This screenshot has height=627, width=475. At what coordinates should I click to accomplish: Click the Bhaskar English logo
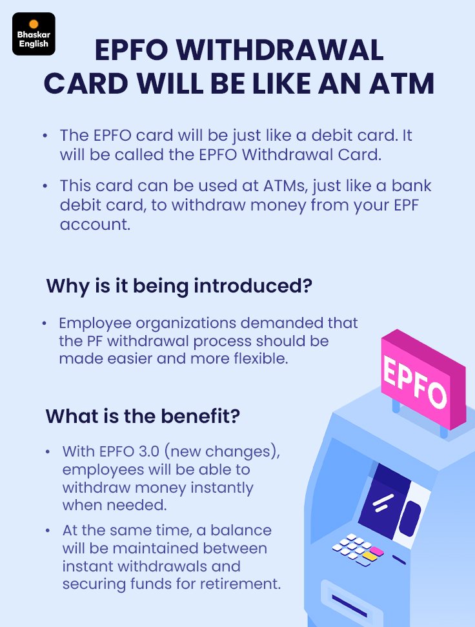34,34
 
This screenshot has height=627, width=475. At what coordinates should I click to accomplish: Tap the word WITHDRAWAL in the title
279,50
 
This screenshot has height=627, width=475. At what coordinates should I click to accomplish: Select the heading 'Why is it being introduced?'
179,286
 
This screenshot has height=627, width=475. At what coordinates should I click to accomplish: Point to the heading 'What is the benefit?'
143,416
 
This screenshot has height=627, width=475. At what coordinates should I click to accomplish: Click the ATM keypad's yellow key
370,556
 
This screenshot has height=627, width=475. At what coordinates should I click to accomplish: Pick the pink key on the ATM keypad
377,551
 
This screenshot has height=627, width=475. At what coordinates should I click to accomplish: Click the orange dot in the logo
34,24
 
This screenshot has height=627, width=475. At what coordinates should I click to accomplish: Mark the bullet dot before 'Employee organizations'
45,323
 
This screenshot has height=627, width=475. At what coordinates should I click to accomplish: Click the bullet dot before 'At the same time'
48,530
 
